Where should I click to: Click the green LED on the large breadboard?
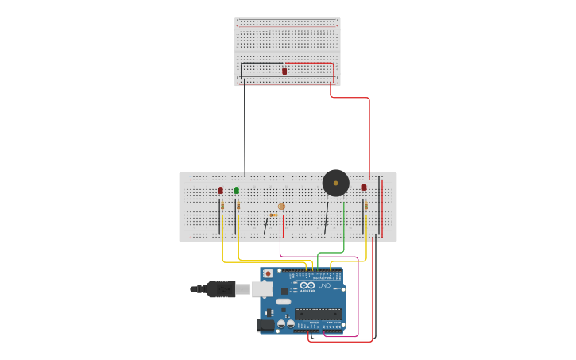237,191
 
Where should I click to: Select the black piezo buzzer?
335,183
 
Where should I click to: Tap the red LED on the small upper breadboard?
284,72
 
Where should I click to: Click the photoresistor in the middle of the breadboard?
281,207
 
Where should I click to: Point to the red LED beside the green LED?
221,191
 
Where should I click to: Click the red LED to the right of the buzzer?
365,188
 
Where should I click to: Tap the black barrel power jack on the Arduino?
265,324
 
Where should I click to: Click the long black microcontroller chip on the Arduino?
319,314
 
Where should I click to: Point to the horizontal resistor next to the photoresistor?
273,215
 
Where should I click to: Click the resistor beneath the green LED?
238,206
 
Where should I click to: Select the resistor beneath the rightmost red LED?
366,206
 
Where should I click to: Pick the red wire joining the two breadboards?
369,135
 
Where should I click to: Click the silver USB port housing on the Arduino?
262,289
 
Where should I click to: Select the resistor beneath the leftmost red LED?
222,206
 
